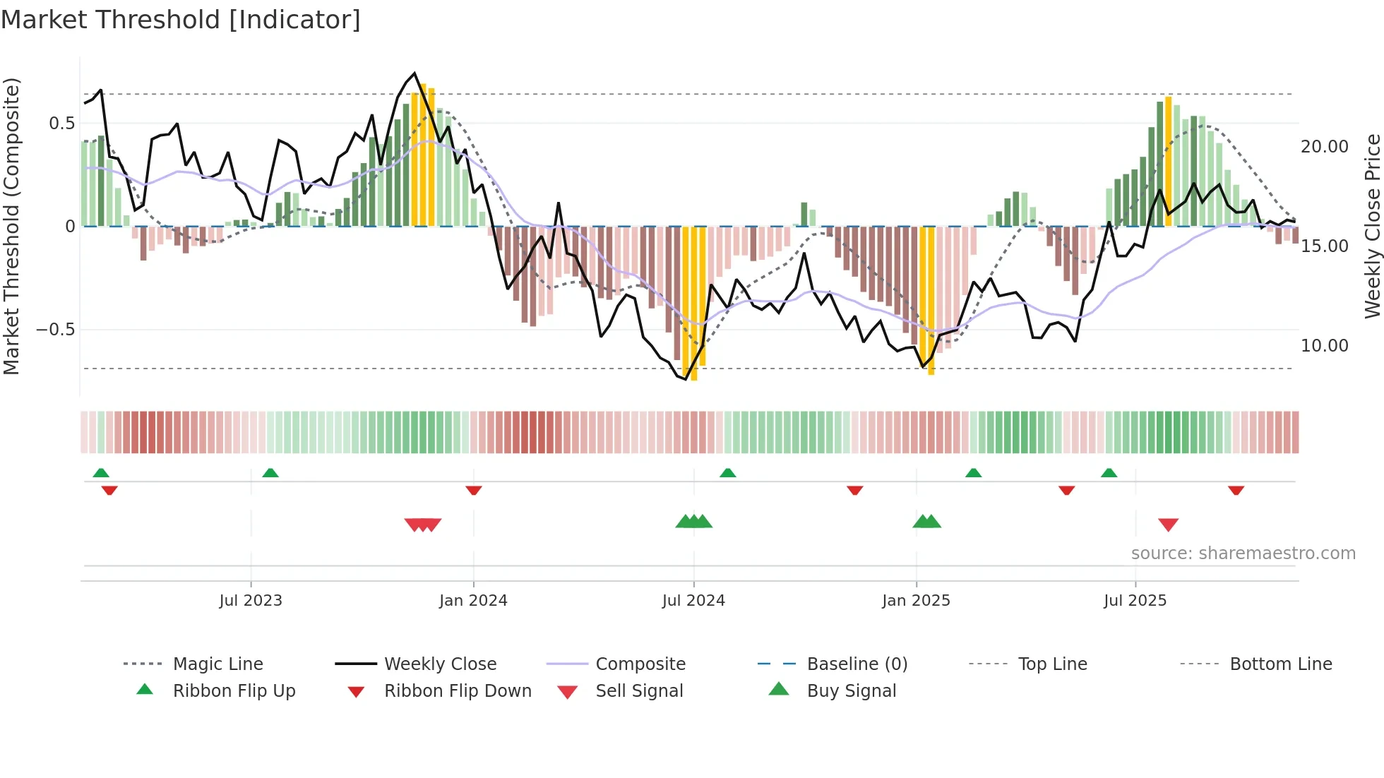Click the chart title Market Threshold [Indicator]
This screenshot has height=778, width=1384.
pyautogui.click(x=181, y=20)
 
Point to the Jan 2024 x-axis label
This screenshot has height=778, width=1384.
pyautogui.click(x=473, y=600)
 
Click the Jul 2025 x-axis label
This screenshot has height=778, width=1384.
pyautogui.click(x=1135, y=600)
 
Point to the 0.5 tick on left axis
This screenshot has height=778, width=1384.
pyautogui.click(x=62, y=124)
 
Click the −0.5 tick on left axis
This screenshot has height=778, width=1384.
pyautogui.click(x=56, y=330)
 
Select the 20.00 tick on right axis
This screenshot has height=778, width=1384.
pyautogui.click(x=1324, y=146)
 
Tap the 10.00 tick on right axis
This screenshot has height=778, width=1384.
pyautogui.click(x=1324, y=345)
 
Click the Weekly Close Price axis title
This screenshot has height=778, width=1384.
pyautogui.click(x=1372, y=226)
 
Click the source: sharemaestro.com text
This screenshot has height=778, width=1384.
pyautogui.click(x=1243, y=553)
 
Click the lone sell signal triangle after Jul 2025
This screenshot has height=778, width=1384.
pyautogui.click(x=1168, y=525)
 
